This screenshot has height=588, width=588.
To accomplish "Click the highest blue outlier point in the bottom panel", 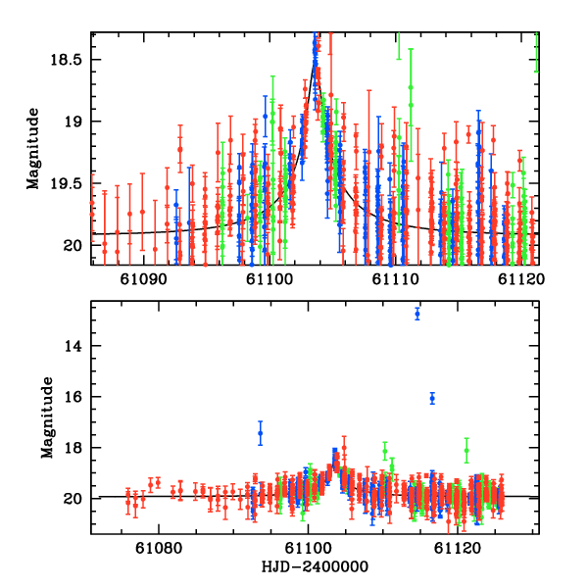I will click(417, 314).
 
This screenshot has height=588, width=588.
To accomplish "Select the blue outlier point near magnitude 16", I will click(432, 398).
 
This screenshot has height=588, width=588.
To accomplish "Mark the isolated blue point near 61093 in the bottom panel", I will click(261, 433).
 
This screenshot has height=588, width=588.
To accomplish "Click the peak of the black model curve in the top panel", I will click(315, 64).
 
